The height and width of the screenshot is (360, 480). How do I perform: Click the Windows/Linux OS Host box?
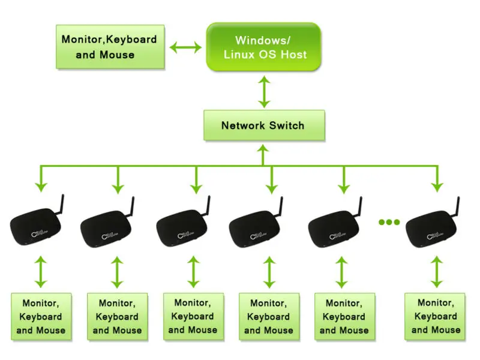[263, 47]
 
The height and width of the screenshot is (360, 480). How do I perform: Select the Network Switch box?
[263, 125]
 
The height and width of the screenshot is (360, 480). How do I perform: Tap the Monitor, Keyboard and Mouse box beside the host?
[109, 47]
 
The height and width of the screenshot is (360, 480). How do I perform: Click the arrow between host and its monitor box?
[186, 47]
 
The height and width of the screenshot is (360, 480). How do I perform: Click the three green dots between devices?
[389, 222]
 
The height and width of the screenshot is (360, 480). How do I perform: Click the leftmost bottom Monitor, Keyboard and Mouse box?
[41, 317]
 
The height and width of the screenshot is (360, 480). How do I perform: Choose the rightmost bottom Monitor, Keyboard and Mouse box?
[436, 317]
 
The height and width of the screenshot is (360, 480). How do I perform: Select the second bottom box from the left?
[118, 317]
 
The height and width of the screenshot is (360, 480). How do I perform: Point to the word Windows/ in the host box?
[263, 40]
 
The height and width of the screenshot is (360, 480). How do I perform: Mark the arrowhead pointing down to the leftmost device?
[41, 188]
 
